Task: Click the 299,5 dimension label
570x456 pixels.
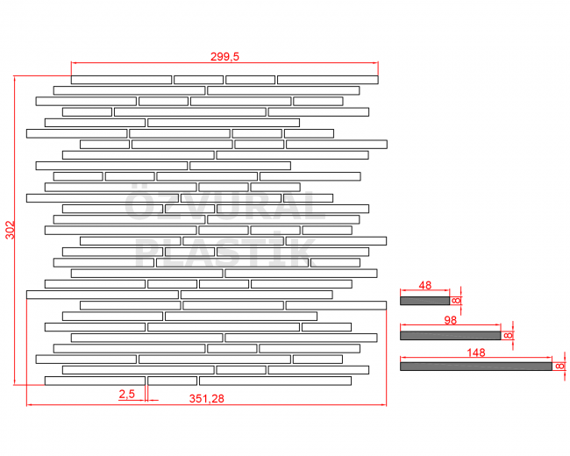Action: pyautogui.click(x=224, y=57)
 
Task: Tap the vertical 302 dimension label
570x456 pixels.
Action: pyautogui.click(x=11, y=230)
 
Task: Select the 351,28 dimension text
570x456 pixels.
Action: pyautogui.click(x=206, y=398)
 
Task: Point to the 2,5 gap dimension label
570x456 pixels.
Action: pyautogui.click(x=127, y=394)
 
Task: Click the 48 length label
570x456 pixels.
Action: pyautogui.click(x=425, y=286)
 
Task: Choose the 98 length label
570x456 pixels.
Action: pyautogui.click(x=451, y=320)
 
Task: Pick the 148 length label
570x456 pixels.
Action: pyautogui.click(x=476, y=353)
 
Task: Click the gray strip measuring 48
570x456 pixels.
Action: pyautogui.click(x=425, y=301)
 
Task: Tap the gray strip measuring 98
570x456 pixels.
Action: pyautogui.click(x=451, y=335)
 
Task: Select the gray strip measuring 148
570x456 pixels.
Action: pyautogui.click(x=476, y=367)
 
